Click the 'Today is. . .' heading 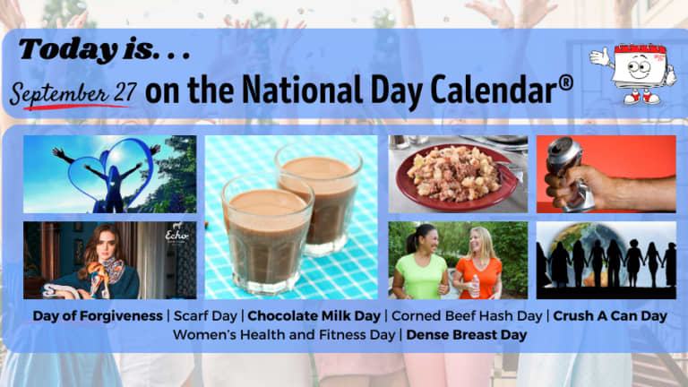pyautogui.click(x=105, y=49)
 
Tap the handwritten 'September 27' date pyautogui.click(x=73, y=92)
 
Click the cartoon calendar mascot pyautogui.click(x=633, y=73)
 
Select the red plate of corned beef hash pyautogui.click(x=457, y=177)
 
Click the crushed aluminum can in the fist pyautogui.click(x=569, y=173)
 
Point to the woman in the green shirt pyautogui.click(x=420, y=262)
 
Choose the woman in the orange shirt pyautogui.click(x=477, y=263)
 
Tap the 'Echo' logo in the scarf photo pyautogui.click(x=176, y=236)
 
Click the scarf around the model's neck pyautogui.click(x=105, y=272)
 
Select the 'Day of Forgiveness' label pyautogui.click(x=98, y=316)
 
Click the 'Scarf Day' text pyautogui.click(x=205, y=316)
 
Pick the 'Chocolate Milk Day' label pyautogui.click(x=314, y=316)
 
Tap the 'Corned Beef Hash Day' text pyautogui.click(x=467, y=316)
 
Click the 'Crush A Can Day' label pyautogui.click(x=610, y=316)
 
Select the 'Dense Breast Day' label pyautogui.click(x=467, y=335)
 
